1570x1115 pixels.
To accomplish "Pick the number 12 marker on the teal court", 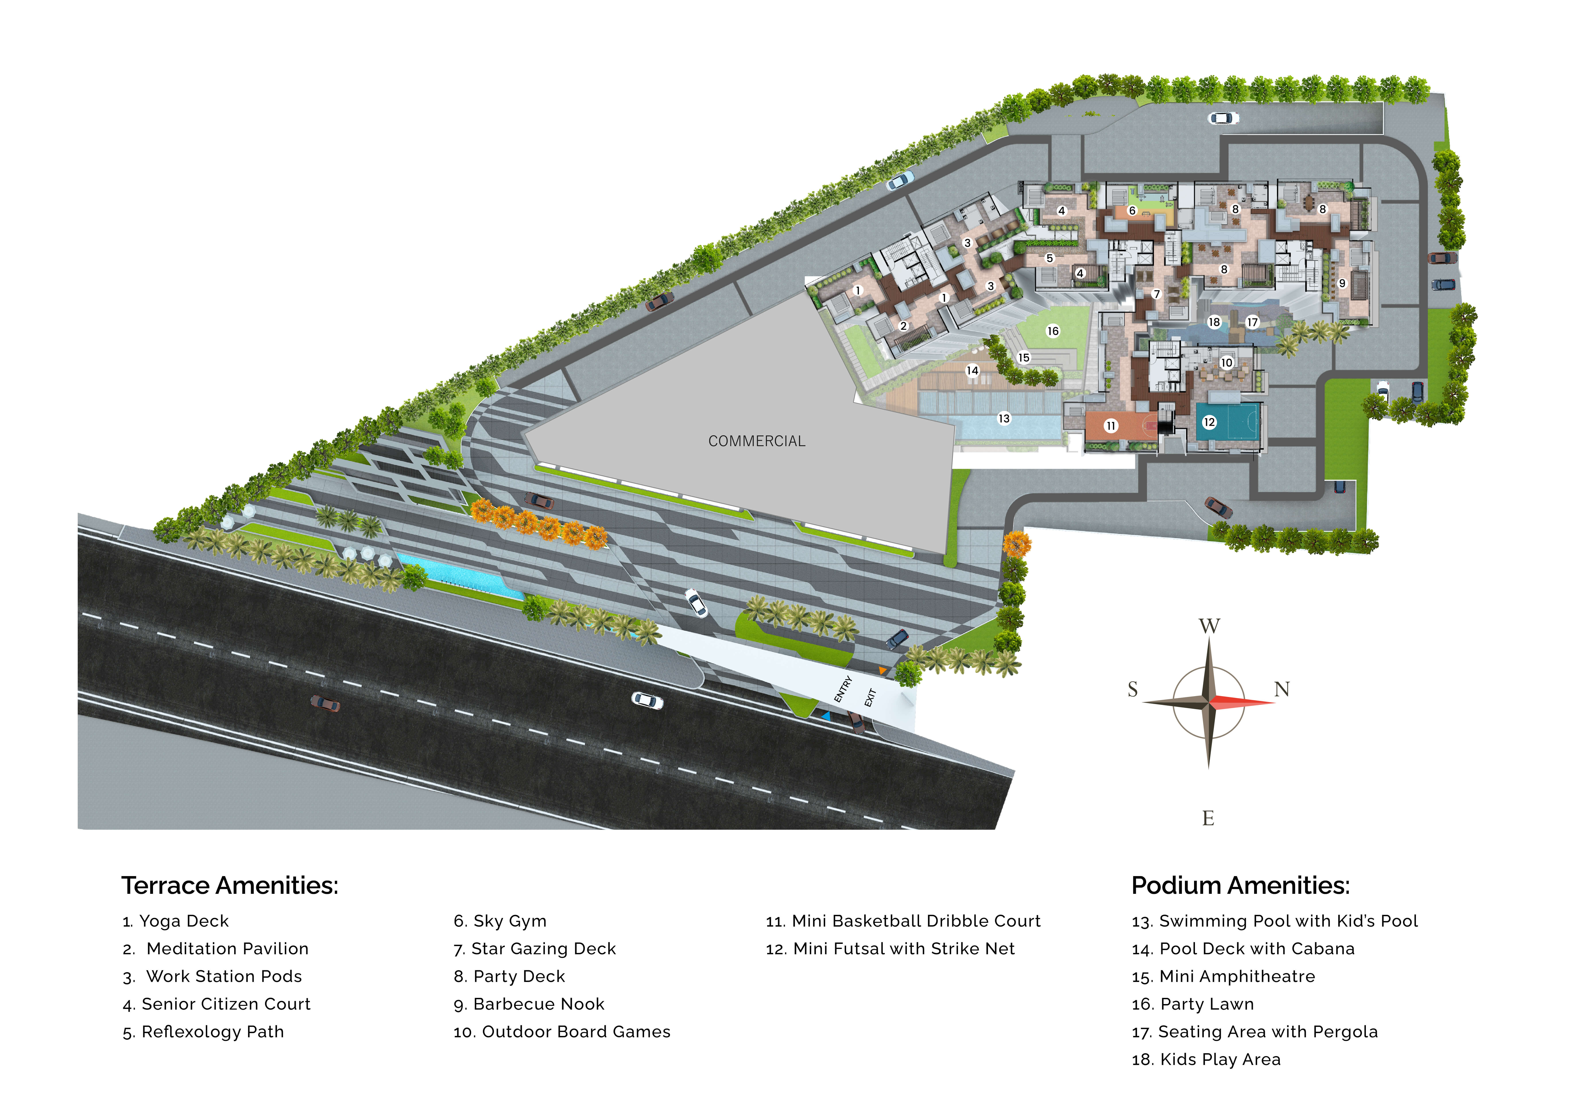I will (1209, 422).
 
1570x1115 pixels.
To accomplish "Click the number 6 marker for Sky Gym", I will (1132, 211).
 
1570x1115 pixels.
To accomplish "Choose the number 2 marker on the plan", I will (903, 326).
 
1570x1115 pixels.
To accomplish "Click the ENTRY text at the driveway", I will (843, 689).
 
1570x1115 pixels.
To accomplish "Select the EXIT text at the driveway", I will (870, 698).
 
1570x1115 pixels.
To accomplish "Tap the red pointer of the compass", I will (1243, 702).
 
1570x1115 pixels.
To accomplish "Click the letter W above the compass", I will (1209, 626).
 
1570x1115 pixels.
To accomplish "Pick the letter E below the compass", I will (1208, 818).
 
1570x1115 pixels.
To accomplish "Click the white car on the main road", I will (647, 700).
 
